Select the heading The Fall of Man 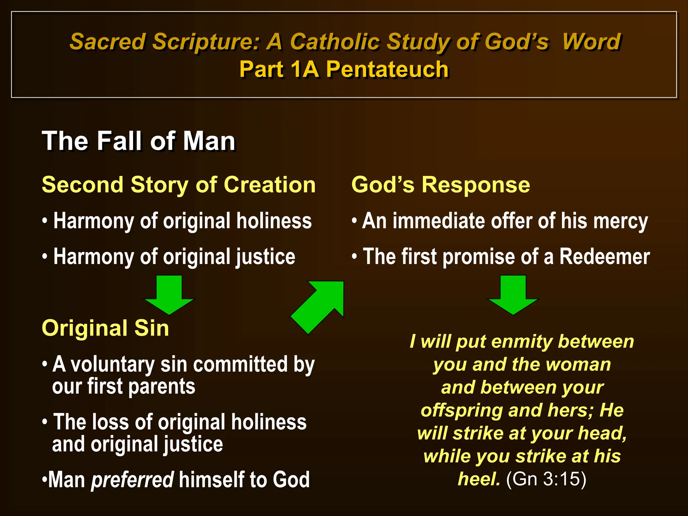(x=138, y=141)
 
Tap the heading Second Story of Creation (x=179, y=185)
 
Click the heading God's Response (x=440, y=185)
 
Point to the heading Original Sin (x=105, y=328)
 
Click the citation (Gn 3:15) (x=546, y=479)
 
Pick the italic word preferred (x=132, y=479)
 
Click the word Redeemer (x=604, y=257)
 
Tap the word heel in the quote (x=478, y=479)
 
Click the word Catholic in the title (x=335, y=42)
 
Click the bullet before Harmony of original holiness (x=45, y=221)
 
